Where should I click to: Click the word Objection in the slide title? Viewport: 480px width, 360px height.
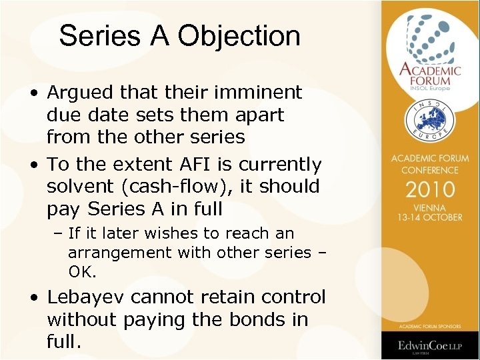(247, 36)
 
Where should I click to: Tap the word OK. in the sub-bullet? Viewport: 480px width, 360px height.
(83, 271)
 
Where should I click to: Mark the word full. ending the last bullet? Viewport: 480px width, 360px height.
(64, 343)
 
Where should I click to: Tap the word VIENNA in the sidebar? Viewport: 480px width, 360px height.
(430, 207)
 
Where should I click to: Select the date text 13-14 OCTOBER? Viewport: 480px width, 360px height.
(430, 218)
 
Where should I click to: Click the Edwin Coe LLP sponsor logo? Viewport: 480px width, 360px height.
(430, 346)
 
